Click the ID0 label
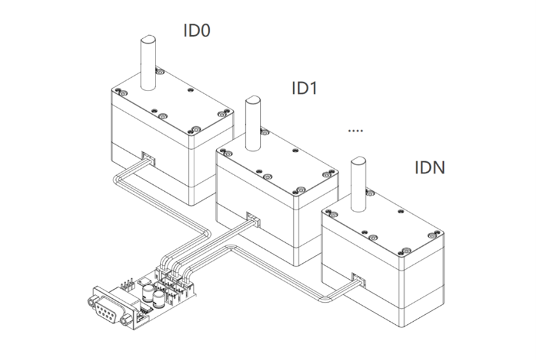(197, 31)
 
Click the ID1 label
(304, 88)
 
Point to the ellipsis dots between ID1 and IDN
(356, 131)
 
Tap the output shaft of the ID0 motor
(149, 64)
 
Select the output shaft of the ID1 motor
(252, 120)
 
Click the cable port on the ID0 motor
(147, 157)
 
